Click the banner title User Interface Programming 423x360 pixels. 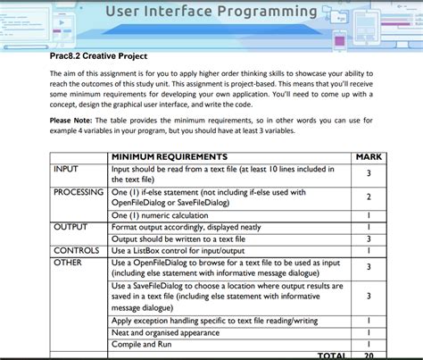click(211, 13)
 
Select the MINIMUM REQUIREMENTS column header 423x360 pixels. click(169, 157)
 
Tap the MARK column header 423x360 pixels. click(369, 157)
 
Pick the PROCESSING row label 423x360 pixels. click(79, 191)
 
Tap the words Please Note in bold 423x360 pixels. click(77, 120)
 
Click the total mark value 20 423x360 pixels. click(369, 355)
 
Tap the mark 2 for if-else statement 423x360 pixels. click(369, 197)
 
